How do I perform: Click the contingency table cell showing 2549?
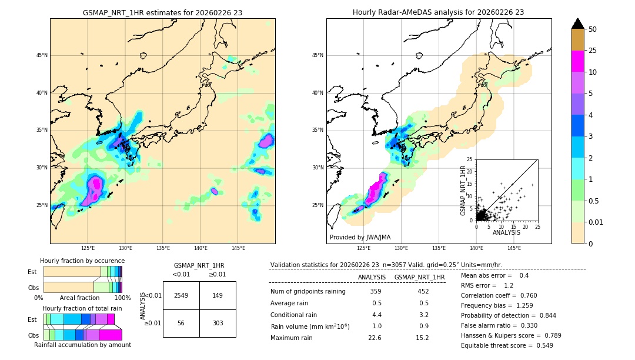(x=181, y=295)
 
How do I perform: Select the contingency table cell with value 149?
(x=218, y=295)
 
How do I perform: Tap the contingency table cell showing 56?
(x=181, y=323)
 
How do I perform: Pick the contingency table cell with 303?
(x=218, y=323)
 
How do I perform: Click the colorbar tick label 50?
(x=593, y=29)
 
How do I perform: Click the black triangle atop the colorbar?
(x=577, y=24)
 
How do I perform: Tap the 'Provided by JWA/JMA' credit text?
(x=360, y=238)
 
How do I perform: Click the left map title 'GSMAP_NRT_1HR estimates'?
(x=162, y=12)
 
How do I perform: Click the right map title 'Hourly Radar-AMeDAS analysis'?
(x=439, y=12)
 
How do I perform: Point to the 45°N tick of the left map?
(x=42, y=55)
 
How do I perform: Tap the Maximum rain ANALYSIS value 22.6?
(x=376, y=338)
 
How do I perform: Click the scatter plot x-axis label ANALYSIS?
(x=506, y=232)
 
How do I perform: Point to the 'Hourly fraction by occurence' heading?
(x=82, y=261)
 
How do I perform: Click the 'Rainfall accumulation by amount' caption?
(x=82, y=345)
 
